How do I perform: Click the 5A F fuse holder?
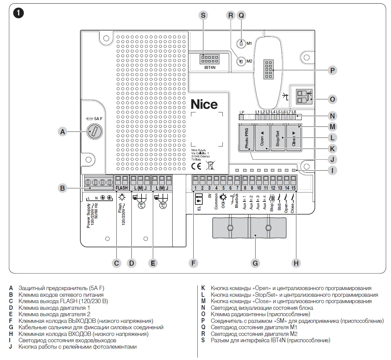coord(94,131)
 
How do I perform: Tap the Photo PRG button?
coord(246,137)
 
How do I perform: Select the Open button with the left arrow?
coord(262,137)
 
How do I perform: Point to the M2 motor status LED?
coord(241,62)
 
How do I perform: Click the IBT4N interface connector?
coord(209,59)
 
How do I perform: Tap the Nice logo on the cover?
coord(204,104)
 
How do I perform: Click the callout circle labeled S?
coord(203,15)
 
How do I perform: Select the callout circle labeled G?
coord(255,263)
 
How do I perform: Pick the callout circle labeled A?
coord(63,132)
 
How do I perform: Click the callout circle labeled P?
coord(332,71)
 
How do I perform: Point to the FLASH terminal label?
coord(122,188)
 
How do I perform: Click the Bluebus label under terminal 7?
coord(236,201)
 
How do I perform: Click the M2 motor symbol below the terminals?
coord(163,204)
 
